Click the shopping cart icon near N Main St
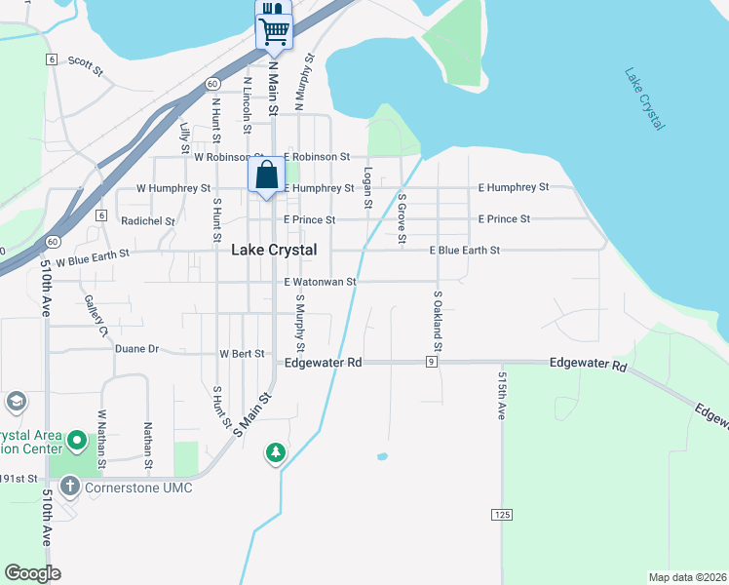click(274, 31)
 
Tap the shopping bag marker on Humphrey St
click(267, 176)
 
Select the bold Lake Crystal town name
click(274, 251)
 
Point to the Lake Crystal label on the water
click(645, 99)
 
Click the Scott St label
click(86, 65)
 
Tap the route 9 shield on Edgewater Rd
click(430, 362)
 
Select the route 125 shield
click(502, 514)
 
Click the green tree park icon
click(277, 452)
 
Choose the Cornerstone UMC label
click(137, 487)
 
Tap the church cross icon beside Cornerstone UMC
click(68, 486)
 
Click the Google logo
click(32, 573)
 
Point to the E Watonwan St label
click(321, 282)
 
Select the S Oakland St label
click(438, 321)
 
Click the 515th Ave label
click(502, 395)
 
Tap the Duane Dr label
click(136, 348)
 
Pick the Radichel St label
click(148, 221)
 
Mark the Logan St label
click(367, 187)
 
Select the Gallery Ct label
click(96, 316)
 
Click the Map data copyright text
click(686, 577)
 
